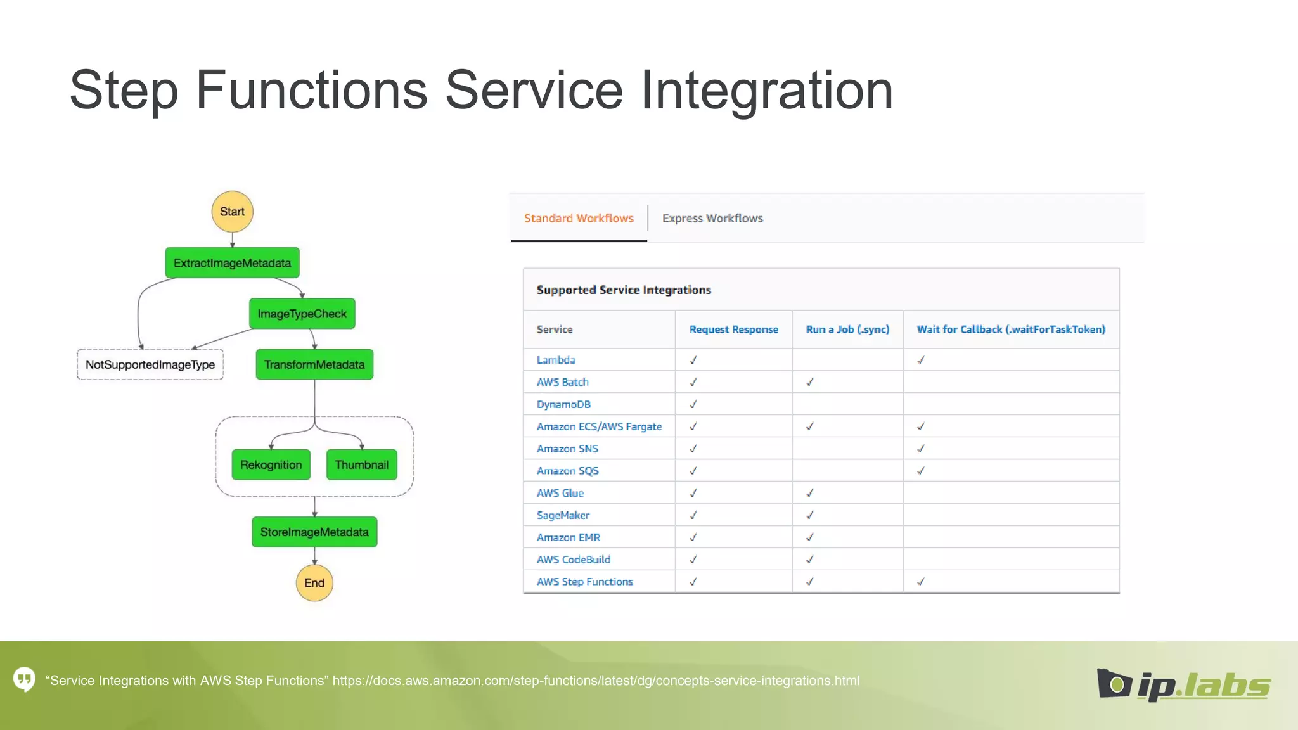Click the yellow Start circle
tap(232, 212)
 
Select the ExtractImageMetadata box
tap(232, 263)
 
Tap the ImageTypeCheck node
tap(302, 314)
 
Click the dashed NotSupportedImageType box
tap(150, 364)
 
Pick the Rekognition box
tap(271, 464)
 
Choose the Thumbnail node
tap(361, 464)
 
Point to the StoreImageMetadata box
tap(314, 532)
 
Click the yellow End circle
tap(314, 583)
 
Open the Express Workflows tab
tap(712, 218)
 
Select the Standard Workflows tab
tap(579, 218)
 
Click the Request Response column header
tap(733, 330)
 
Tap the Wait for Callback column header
tap(1011, 330)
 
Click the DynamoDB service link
tap(563, 404)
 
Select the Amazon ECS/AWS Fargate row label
tap(599, 426)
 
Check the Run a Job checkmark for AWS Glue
tap(809, 493)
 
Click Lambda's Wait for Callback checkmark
tap(920, 360)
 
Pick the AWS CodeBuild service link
tap(574, 560)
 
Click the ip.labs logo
tap(1183, 684)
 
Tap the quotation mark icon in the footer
tap(24, 680)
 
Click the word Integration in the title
tap(766, 90)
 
